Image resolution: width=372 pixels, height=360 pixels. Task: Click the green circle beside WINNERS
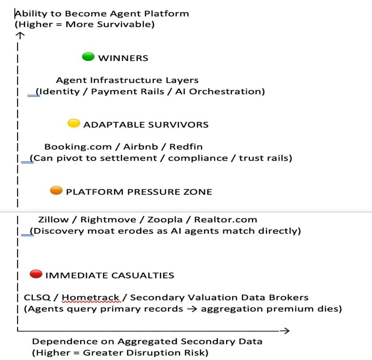coord(89,57)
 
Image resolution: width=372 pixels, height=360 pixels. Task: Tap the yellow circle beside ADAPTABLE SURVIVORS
coord(73,124)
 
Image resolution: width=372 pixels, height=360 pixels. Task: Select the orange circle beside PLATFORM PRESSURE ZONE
coord(56,191)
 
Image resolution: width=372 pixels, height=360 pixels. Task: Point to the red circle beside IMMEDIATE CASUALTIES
coord(36,274)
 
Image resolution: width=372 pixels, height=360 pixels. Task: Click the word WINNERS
coord(123,58)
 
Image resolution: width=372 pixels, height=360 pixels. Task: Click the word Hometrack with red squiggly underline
coord(91,298)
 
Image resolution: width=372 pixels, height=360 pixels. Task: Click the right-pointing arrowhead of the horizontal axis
coord(285,330)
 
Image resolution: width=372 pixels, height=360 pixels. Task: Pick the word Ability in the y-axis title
coord(31,13)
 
